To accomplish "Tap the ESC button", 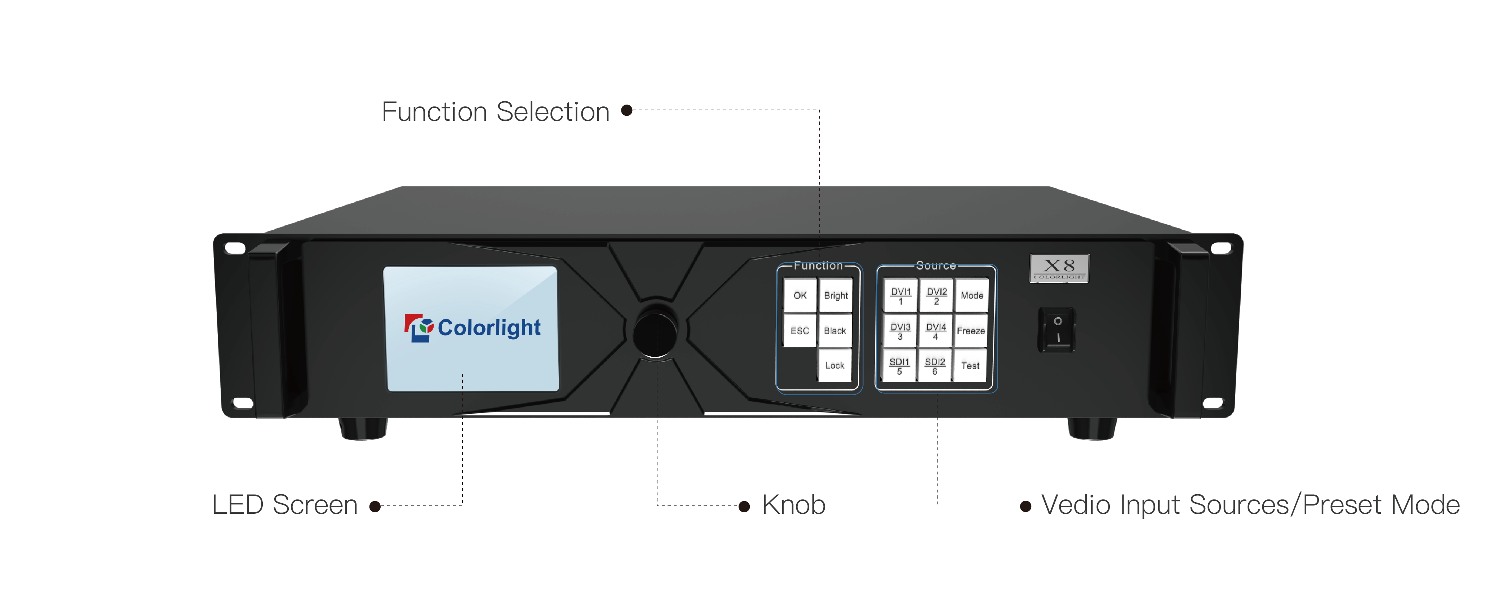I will coord(799,331).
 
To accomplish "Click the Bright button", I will coord(836,296).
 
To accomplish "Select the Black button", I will coord(834,331).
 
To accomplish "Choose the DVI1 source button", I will coord(900,296).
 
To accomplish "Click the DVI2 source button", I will coord(936,296).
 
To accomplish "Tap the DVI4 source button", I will coord(935,331).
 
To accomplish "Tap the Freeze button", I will coord(971,331).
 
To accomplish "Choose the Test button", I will coord(970,366).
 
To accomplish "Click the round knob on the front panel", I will coord(655,331).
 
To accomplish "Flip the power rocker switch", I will coord(1057,330).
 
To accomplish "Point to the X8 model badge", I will coord(1059,268).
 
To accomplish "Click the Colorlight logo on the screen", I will coord(472,328).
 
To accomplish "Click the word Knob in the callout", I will coord(794,505).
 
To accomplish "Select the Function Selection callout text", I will coord(496,111).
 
